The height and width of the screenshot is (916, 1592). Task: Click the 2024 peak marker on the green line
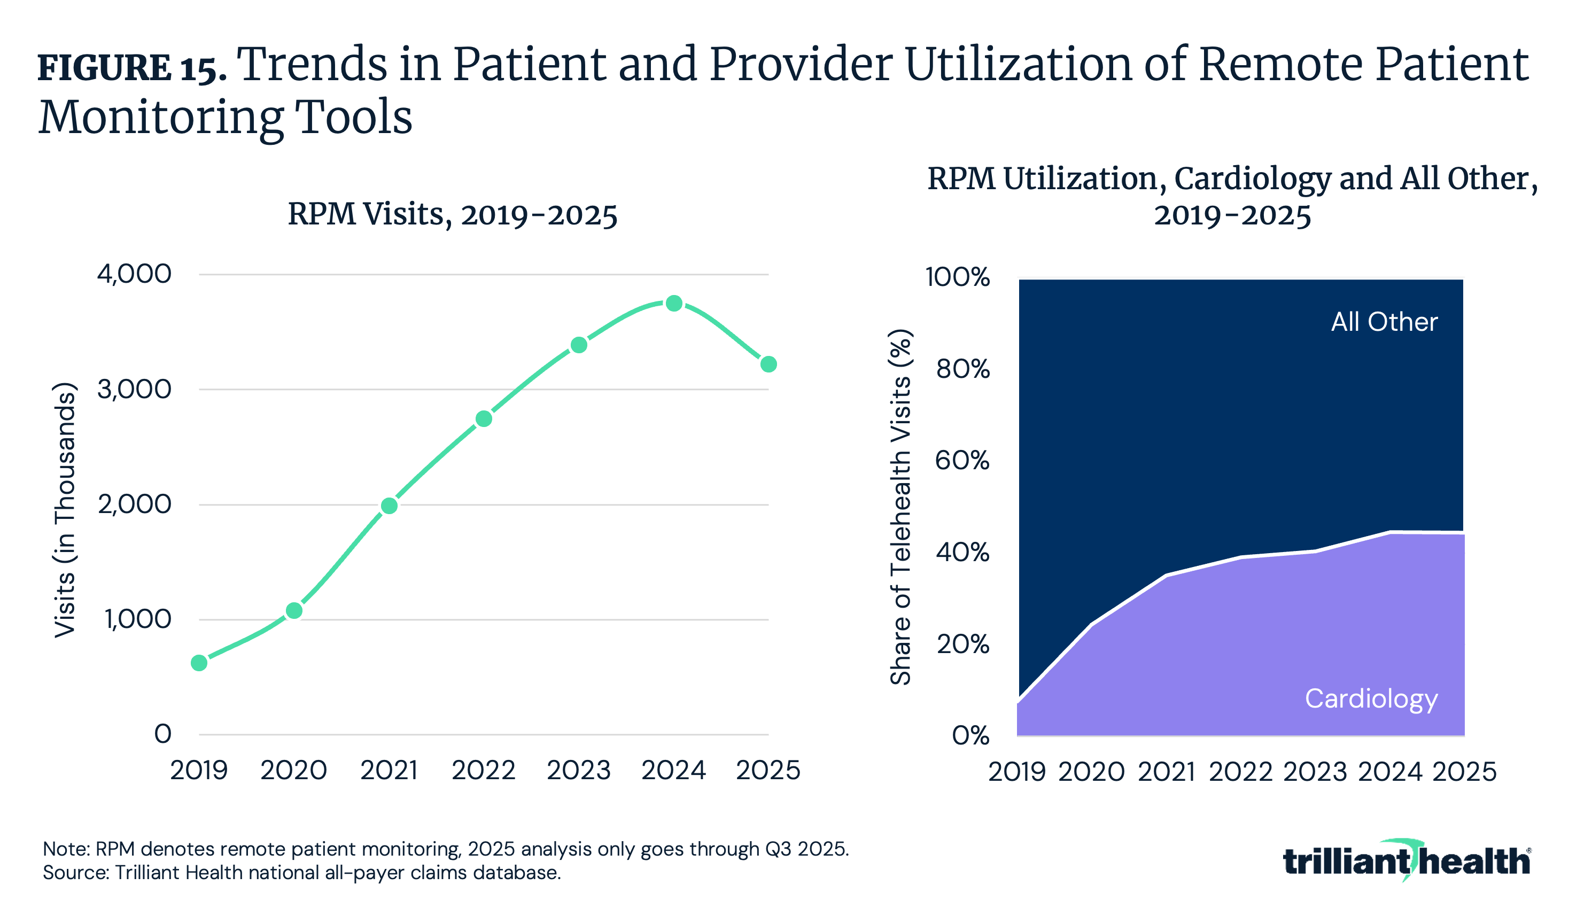coord(674,303)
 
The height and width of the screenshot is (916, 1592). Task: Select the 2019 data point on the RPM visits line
coord(199,663)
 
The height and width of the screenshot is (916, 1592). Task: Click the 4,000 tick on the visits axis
coord(134,274)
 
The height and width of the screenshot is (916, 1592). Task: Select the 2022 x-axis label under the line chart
coord(483,771)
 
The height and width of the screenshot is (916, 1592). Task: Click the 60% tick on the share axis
coord(962,461)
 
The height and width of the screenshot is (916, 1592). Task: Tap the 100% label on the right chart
coord(957,277)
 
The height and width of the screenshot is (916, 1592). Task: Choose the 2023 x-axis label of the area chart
coord(1315,772)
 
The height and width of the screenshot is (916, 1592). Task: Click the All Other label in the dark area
coord(1384,322)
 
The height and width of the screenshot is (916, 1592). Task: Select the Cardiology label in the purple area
coord(1371,699)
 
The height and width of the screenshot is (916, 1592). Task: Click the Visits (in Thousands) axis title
coord(65,510)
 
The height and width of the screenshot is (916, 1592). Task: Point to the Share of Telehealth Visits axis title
coord(900,507)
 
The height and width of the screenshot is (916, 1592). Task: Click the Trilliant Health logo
coord(1406,860)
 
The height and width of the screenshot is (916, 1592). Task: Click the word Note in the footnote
coord(66,849)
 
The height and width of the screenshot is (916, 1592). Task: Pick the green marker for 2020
coord(294,610)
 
